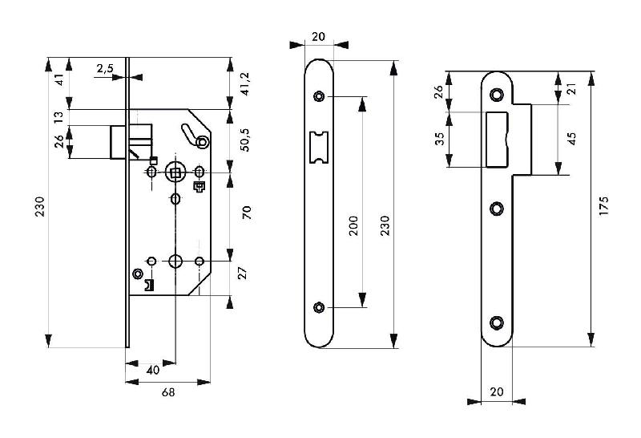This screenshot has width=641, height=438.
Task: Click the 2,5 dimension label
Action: [x=105, y=69]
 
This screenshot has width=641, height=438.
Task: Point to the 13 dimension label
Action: [x=58, y=117]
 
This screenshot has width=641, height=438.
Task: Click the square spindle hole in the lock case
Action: [x=175, y=172]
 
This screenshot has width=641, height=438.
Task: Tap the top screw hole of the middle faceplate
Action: [x=320, y=97]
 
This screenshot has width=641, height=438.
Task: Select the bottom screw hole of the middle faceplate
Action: [x=320, y=307]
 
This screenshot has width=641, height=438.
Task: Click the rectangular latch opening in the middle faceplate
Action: [x=320, y=147]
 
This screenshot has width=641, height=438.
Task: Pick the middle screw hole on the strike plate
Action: [x=497, y=209]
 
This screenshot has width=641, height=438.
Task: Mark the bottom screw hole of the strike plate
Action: [x=497, y=322]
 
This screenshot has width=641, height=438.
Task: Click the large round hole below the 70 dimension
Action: [x=175, y=261]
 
